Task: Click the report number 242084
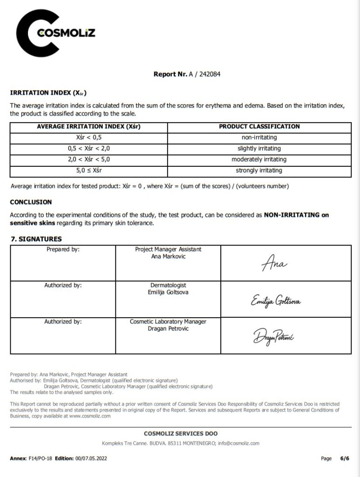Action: pos(210,74)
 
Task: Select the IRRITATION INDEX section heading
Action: pos(48,93)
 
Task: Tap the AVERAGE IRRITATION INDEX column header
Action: pos(88,126)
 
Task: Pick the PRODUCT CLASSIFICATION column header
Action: pos(259,126)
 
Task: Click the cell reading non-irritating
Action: pos(259,137)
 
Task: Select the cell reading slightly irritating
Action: pos(259,149)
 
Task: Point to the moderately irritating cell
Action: pos(259,159)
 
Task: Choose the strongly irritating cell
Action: pos(259,170)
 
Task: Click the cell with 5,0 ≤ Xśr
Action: pos(88,170)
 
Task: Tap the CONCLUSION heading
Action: pos(31,202)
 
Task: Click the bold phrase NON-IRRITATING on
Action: pos(296,215)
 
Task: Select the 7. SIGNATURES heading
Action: pos(36,239)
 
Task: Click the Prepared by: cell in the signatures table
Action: pos(63,250)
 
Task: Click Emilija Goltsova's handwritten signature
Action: pos(276,301)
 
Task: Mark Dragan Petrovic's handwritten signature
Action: pos(273,335)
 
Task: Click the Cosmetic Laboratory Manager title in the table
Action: pos(168,321)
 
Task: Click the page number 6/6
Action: pos(345,459)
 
